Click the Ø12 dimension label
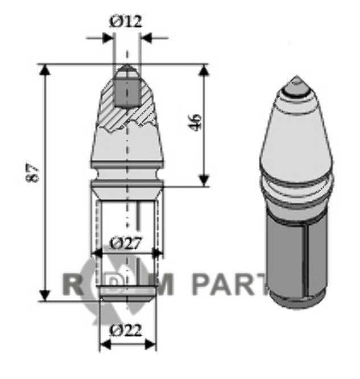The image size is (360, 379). point(125,22)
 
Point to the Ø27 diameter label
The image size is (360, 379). point(125,243)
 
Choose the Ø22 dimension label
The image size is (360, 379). point(125,330)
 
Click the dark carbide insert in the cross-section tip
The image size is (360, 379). point(125,88)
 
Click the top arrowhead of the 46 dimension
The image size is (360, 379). point(204,71)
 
